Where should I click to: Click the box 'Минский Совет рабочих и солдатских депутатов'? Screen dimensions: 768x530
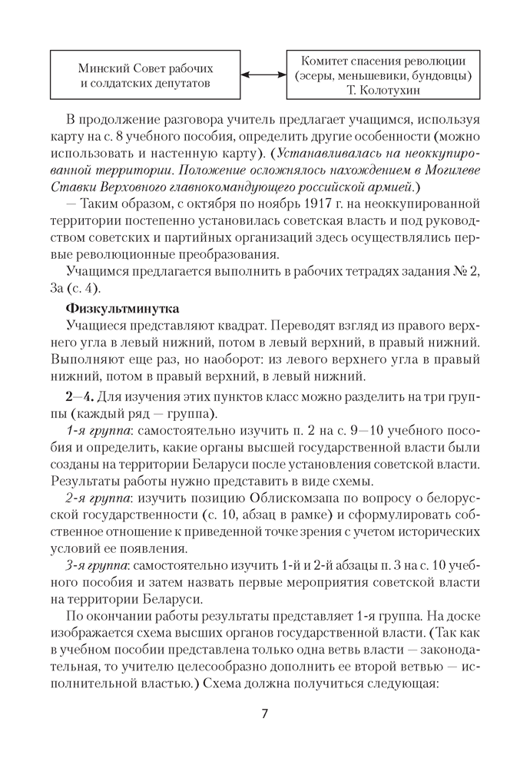(x=146, y=74)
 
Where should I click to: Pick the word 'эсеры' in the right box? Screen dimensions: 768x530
(x=316, y=75)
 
